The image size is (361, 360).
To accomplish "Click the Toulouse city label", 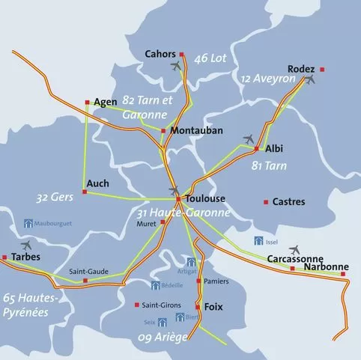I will tap(204, 200).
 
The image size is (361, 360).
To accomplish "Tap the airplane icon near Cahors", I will tap(178, 66).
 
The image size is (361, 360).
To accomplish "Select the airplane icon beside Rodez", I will tap(310, 78).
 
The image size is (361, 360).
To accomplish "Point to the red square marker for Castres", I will tap(265, 202).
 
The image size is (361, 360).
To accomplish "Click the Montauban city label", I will tap(197, 130).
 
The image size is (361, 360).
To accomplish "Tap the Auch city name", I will tap(97, 183).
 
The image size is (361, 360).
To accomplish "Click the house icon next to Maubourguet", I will tap(28, 223).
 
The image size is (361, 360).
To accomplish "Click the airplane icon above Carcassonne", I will tap(294, 249).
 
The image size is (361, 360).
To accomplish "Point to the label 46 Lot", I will tap(210, 58).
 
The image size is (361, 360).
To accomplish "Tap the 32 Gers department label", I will tap(52, 198).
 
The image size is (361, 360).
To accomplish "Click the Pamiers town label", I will tap(216, 281).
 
